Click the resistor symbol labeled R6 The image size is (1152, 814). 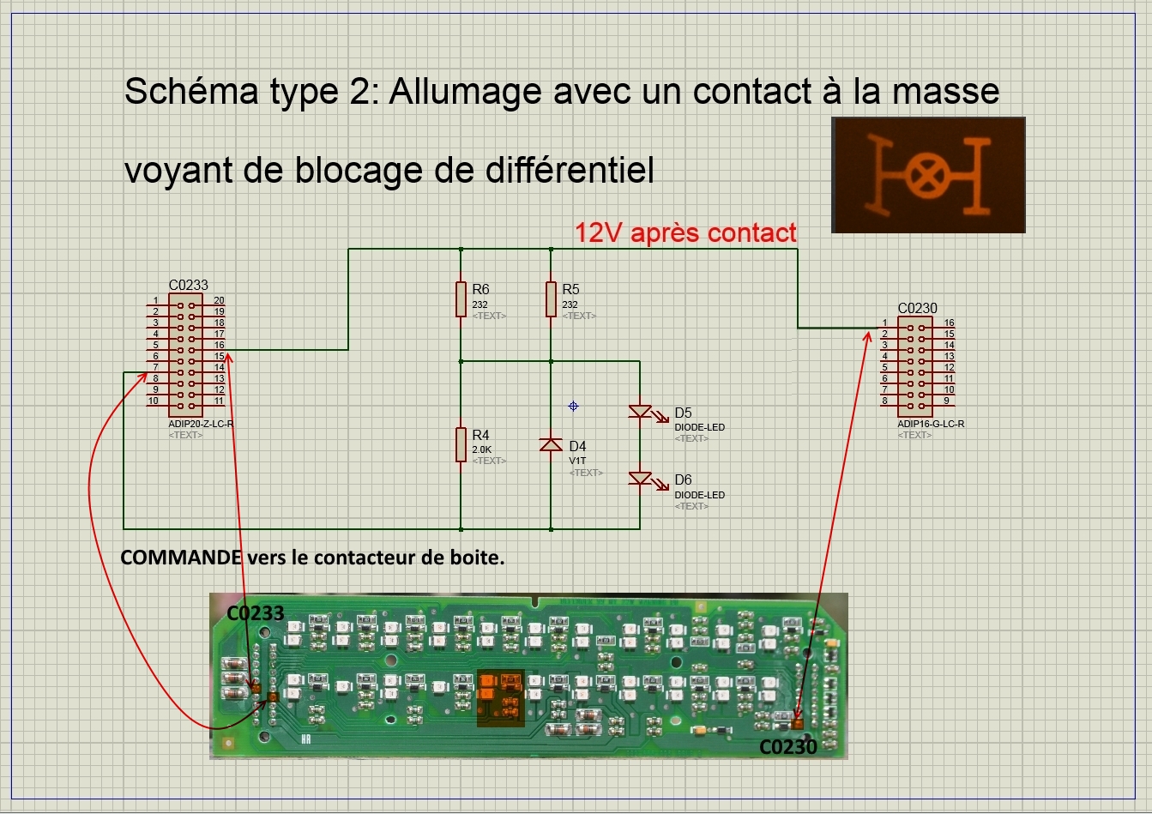point(461,299)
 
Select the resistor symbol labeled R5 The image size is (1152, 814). point(551,299)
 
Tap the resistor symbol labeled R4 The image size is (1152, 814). point(461,445)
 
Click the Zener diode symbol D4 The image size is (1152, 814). point(551,444)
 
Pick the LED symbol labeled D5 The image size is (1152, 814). point(641,412)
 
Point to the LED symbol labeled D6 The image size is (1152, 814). point(641,479)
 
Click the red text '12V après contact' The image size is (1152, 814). point(685,232)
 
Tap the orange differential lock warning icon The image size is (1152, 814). point(928,175)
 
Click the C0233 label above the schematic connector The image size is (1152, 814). point(188,285)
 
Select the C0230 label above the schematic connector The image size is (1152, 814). point(917,308)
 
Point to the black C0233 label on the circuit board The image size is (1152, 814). point(255,612)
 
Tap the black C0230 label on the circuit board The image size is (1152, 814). point(788,747)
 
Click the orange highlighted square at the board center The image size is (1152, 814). point(500,696)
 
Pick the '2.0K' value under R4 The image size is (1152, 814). point(482,449)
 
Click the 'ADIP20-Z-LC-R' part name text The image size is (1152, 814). point(201,424)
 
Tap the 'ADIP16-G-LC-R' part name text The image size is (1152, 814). point(931,424)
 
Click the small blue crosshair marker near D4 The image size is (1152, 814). point(573,406)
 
